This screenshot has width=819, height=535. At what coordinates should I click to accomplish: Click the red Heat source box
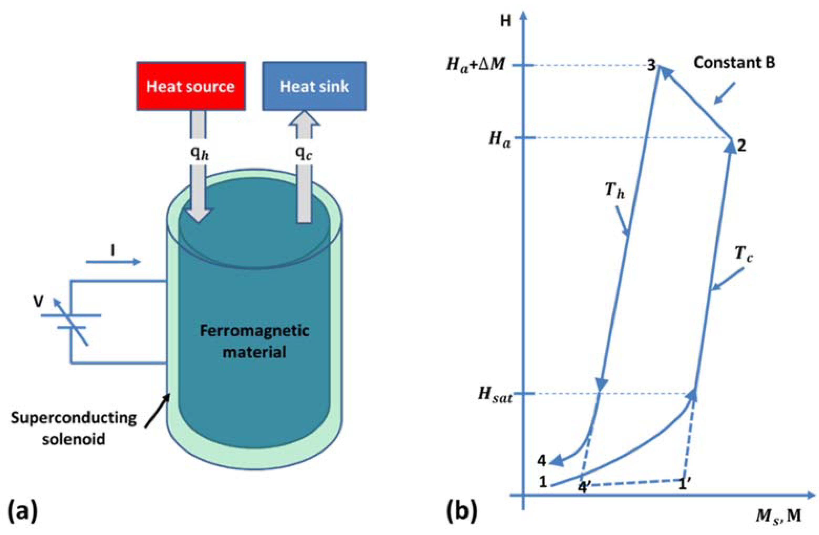(x=191, y=86)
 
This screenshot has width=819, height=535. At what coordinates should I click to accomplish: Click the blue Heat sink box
(x=314, y=86)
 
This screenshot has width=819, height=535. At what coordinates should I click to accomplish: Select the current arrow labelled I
(x=113, y=258)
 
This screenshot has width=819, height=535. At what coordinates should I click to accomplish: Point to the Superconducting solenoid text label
(x=74, y=428)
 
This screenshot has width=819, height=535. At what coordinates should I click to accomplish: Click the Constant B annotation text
(x=734, y=63)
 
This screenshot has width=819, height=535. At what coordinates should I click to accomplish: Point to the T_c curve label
(x=743, y=255)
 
